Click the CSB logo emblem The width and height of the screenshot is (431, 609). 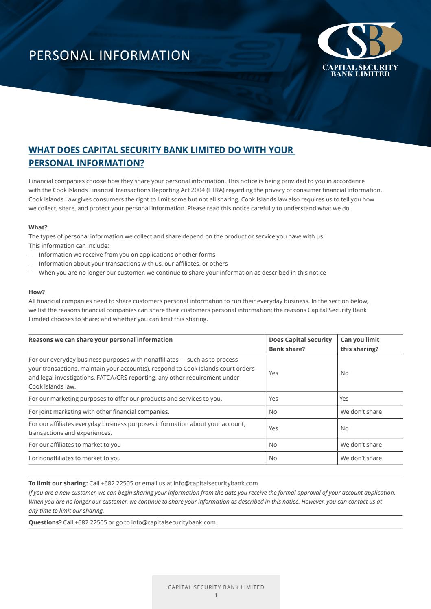click(360, 41)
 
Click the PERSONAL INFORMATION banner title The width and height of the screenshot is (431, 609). click(109, 55)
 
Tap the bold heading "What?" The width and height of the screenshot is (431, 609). click(38, 227)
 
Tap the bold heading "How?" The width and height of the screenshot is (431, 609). click(37, 292)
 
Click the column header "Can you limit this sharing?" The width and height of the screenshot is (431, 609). click(360, 344)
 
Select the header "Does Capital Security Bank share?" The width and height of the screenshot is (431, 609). click(300, 344)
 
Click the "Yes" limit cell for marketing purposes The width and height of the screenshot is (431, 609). click(344, 399)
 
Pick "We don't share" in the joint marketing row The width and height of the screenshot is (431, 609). click(361, 412)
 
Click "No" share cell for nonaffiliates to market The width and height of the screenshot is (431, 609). click(273, 458)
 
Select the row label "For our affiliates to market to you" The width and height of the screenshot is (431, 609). click(74, 445)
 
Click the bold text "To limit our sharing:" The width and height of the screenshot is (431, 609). click(58, 483)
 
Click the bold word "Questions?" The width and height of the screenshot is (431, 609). click(45, 522)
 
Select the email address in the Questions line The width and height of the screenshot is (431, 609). click(173, 522)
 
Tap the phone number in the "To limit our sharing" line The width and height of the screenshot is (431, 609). click(117, 483)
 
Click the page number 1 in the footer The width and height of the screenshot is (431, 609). click(216, 595)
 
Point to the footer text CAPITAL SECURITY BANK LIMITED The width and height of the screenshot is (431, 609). click(216, 587)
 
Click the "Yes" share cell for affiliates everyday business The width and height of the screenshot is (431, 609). click(273, 428)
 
